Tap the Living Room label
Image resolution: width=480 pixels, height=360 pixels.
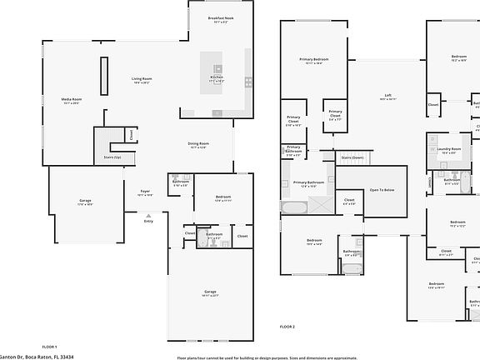142,81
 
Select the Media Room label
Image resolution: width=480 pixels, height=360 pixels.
72,101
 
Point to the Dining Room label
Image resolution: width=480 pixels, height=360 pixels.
198,145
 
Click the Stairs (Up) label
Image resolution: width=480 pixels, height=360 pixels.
112,157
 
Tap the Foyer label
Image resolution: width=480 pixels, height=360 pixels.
144,192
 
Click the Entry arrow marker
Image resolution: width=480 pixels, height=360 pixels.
148,215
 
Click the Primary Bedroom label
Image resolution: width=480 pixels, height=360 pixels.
314,61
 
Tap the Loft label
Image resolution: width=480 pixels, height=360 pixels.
388,97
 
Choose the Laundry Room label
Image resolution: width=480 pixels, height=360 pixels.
449,150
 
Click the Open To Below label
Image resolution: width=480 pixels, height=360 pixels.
382,190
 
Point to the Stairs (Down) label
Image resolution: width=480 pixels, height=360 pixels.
352,157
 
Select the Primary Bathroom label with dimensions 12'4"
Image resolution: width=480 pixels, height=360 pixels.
307,183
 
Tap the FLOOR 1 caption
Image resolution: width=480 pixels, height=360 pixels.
49,346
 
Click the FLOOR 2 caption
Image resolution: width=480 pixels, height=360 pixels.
287,327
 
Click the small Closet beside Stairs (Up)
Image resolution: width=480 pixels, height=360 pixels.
131,134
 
